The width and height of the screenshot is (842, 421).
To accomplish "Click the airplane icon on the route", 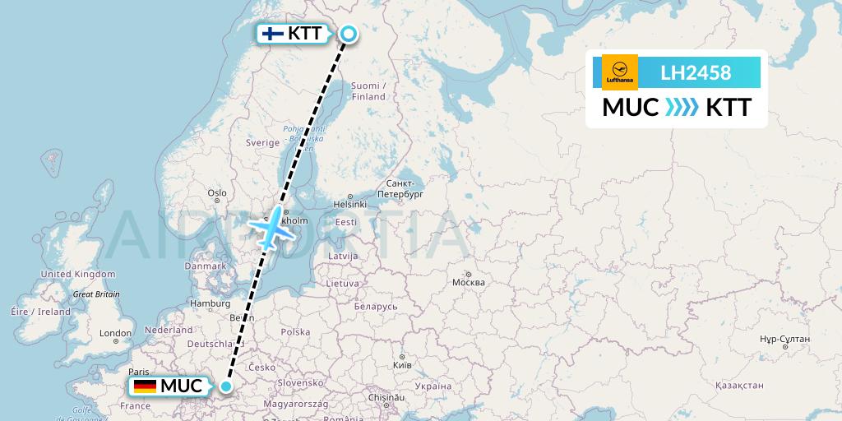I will pos(272,228).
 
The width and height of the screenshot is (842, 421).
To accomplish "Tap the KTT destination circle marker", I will pos(348,34).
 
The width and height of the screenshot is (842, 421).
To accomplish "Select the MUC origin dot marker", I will pos(226,386).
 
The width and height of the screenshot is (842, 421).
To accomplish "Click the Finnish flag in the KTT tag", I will pos(272,34).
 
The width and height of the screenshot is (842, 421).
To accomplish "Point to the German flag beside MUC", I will pos(145,386).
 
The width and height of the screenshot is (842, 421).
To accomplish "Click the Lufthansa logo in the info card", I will pos(619,72).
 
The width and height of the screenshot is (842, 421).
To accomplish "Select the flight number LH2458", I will pos(696,73).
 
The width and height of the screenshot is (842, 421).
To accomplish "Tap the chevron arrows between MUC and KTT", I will pos(682,108).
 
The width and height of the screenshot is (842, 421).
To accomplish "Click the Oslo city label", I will pos(217,193).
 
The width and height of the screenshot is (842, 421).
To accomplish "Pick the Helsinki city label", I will pos(349,204).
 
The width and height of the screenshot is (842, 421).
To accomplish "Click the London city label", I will pos(114,334).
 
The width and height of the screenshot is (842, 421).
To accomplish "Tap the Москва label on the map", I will pos(469,283).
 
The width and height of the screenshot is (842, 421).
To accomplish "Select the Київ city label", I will pos(402,364).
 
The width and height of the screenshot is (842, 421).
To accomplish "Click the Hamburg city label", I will pos(210,303).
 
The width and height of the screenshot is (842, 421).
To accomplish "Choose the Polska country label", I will pos(295,332).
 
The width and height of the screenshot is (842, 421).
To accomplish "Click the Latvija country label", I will pos(343,257).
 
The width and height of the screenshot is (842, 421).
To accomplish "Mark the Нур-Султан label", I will pos(785,339).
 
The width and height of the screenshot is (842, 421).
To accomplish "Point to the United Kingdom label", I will pos(78,274).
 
